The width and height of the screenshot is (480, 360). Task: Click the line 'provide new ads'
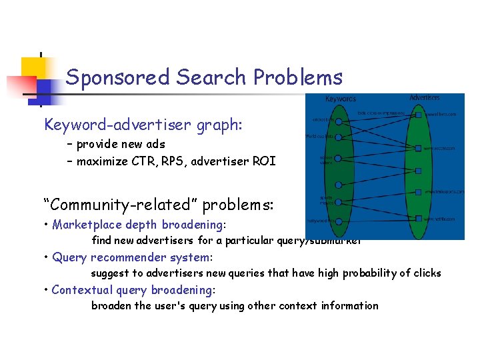click(x=120, y=144)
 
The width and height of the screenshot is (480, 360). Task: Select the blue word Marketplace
click(x=82, y=225)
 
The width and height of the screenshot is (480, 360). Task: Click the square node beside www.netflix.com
click(x=418, y=219)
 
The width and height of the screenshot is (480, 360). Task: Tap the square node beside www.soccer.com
click(x=418, y=148)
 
